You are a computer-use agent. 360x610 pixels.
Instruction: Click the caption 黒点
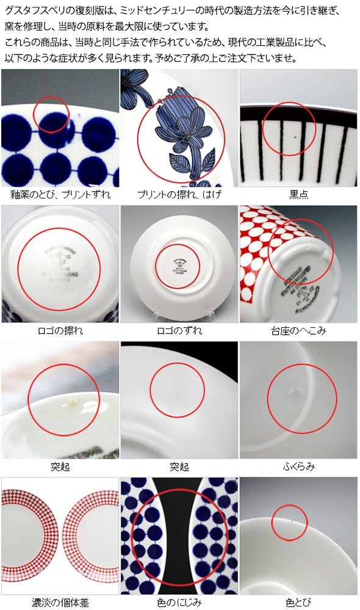pyautogui.click(x=298, y=195)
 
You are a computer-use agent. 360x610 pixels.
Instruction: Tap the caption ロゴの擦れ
pyautogui.click(x=60, y=330)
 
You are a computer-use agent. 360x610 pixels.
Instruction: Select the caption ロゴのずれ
pyautogui.click(x=179, y=330)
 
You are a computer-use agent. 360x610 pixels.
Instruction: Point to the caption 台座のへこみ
pyautogui.click(x=298, y=330)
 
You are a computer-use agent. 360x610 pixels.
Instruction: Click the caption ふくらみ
pyautogui.click(x=298, y=467)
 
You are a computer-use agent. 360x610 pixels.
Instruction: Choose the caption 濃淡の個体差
pyautogui.click(x=60, y=603)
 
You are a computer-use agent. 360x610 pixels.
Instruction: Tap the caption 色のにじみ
pyautogui.click(x=179, y=603)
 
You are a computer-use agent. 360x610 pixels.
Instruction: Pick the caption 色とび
pyautogui.click(x=298, y=603)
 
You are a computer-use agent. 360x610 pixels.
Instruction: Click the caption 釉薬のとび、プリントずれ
pyautogui.click(x=60, y=195)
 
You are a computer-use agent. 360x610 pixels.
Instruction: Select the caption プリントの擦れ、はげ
pyautogui.click(x=179, y=195)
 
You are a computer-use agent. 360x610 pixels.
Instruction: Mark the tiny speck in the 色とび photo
pyautogui.click(x=289, y=521)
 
